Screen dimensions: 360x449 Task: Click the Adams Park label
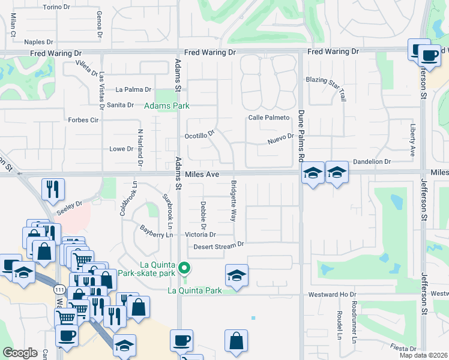166,106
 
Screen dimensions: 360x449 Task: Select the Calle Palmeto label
269,118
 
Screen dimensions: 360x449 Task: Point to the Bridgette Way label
234,201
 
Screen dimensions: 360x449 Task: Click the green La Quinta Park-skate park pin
185,268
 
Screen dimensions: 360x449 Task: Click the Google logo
20,352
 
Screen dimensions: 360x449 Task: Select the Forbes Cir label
83,120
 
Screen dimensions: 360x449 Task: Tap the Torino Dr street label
58,7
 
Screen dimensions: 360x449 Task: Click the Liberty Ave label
412,141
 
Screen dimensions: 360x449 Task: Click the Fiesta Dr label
403,349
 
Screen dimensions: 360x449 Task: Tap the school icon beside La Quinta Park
237,275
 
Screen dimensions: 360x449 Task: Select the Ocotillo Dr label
199,136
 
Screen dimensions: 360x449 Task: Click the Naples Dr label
39,42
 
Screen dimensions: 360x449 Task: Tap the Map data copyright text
423,355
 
